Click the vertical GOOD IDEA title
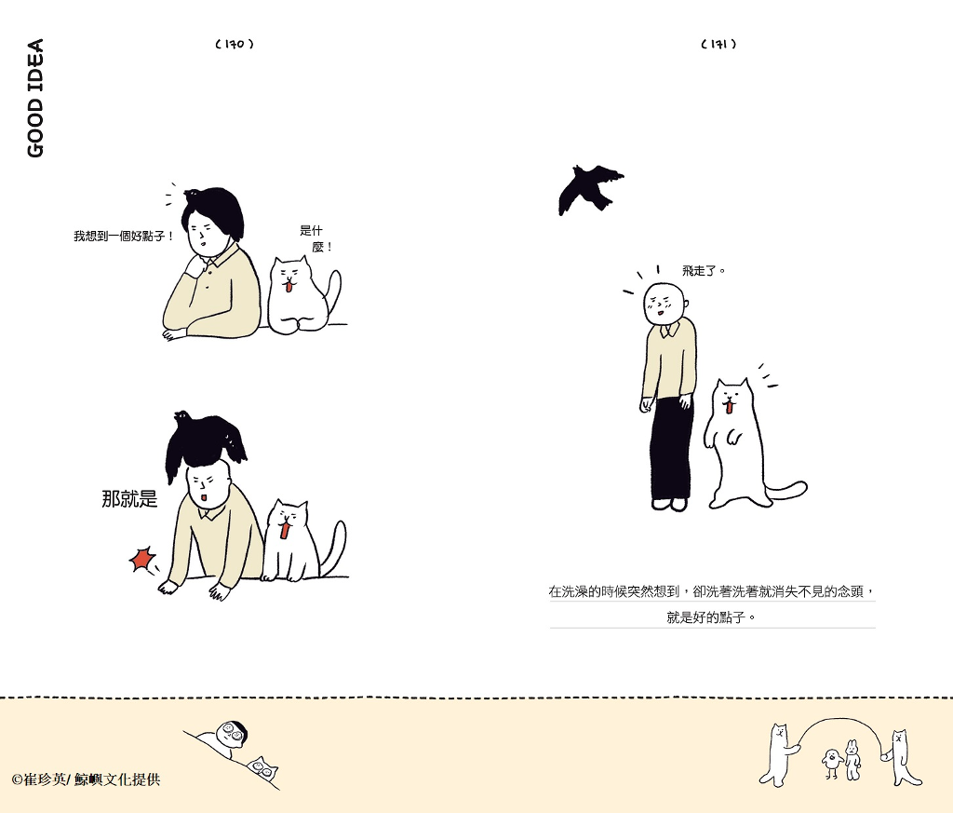click(35, 98)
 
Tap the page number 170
click(235, 44)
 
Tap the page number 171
click(718, 44)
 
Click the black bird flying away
click(589, 188)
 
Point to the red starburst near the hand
click(142, 560)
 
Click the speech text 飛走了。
click(704, 271)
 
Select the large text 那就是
click(129, 498)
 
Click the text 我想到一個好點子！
click(124, 236)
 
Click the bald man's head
click(664, 303)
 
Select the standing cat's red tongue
click(729, 406)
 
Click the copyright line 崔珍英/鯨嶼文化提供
click(86, 779)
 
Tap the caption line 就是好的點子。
click(711, 617)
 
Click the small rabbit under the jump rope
click(852, 760)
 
